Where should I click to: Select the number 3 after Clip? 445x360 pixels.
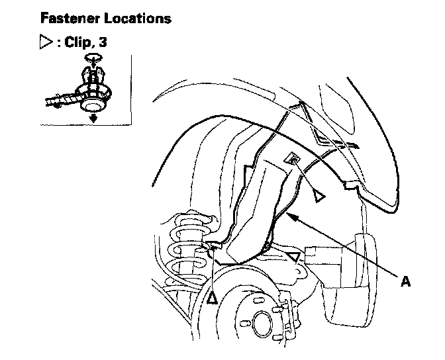103,42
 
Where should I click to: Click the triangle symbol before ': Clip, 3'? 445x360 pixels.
46,42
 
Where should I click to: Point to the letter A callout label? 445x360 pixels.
405,281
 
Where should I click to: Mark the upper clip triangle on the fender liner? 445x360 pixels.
319,196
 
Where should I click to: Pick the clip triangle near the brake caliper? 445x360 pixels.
295,256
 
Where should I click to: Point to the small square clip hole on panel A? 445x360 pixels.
290,157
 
